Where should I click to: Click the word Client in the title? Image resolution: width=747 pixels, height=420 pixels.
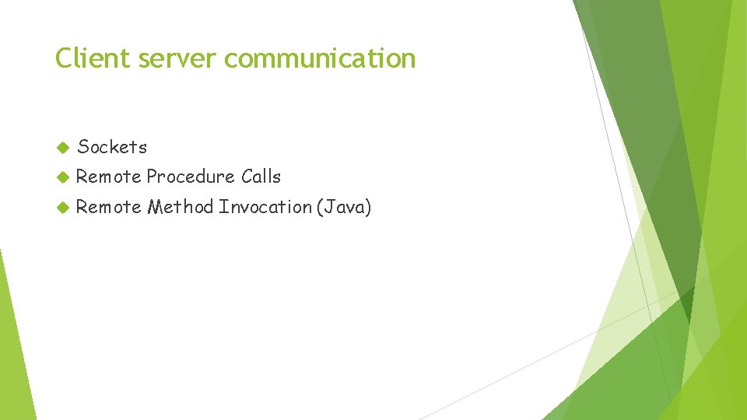[x=82, y=58]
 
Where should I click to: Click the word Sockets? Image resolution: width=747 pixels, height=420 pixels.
[x=112, y=146]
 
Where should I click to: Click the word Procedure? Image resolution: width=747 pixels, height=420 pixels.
[x=190, y=177]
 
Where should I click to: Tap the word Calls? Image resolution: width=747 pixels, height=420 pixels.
[x=261, y=177]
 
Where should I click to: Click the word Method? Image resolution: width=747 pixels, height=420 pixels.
[x=181, y=207]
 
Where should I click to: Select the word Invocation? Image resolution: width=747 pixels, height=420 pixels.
[x=265, y=207]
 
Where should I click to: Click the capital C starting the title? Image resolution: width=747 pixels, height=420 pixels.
[x=62, y=58]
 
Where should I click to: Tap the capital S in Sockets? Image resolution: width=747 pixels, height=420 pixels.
[x=82, y=146]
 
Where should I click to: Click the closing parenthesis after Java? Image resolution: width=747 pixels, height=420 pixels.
[x=369, y=207]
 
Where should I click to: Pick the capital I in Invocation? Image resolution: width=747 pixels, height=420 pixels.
[x=223, y=207]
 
